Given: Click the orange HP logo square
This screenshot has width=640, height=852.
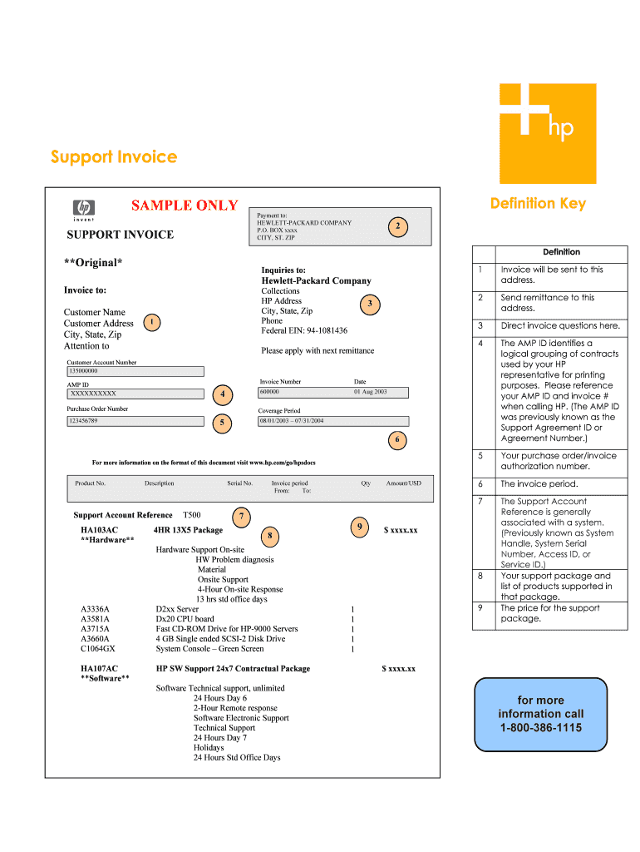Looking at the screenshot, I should pos(547,133).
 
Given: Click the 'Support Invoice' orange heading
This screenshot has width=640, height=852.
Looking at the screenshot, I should pos(114,157).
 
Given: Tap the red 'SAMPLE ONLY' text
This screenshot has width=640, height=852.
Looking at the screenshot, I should pos(185,206).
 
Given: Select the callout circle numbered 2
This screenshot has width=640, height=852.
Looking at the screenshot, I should pos(398,225).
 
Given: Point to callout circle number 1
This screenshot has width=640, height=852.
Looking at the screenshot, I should pos(151,321).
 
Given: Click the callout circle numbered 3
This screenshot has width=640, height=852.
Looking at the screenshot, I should pos(370,305).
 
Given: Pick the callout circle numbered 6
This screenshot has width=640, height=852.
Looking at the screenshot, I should pos(397,438).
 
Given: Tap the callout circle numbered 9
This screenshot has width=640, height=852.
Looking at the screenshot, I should pos(359,527).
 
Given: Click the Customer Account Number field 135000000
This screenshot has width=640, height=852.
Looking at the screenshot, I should pos(135,371).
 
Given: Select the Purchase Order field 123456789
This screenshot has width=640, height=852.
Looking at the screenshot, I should pos(135,421).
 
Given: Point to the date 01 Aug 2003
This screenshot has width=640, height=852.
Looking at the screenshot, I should pos(371,392).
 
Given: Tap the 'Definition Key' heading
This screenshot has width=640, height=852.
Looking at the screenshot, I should pos(538,203).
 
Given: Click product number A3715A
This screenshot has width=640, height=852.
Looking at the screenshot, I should pos(95,629).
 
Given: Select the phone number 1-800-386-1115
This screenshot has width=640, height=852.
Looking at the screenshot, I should pos(541,728).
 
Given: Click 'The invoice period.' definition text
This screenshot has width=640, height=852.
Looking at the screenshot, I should pos(539,484).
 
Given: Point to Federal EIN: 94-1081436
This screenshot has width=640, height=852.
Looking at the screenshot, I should pos(304,330).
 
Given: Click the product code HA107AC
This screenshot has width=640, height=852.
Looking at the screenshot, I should pos(99,668).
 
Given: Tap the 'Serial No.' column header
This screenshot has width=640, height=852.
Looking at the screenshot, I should pos(239,483).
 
